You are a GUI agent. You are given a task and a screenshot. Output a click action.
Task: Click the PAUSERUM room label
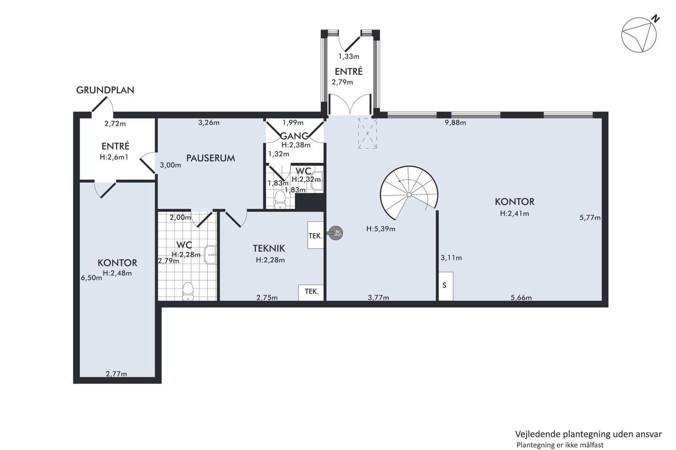tap(211, 158)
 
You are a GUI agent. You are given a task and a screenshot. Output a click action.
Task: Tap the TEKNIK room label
tap(269, 248)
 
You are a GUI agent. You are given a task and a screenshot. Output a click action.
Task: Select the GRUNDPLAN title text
tap(105, 90)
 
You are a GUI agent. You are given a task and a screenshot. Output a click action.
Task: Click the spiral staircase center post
tap(409, 195)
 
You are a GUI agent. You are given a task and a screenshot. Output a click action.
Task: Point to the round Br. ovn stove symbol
tap(336, 233)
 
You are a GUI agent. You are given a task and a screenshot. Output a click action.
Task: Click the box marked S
tap(446, 286)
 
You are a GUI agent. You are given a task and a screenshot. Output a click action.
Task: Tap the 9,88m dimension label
tap(455, 123)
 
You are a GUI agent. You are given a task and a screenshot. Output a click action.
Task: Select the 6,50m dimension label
tap(91, 278)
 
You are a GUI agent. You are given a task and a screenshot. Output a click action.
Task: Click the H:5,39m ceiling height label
tap(380, 229)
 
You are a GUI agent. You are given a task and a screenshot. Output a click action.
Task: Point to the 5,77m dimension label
tap(590, 218)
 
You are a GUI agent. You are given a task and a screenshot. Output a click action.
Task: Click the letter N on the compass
tap(656, 19)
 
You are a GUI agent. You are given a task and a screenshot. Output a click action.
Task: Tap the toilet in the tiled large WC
tap(188, 291)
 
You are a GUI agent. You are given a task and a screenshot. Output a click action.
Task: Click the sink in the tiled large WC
tap(211, 255)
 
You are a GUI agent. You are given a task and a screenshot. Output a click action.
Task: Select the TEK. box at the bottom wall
tap(311, 293)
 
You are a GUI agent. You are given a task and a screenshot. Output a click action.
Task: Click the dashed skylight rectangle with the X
tap(367, 133)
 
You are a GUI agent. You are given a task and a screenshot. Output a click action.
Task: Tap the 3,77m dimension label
tap(379, 298)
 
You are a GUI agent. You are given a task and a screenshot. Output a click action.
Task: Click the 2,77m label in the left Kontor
tap(116, 374)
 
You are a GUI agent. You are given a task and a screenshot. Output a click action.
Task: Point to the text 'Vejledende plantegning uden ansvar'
tap(589, 434)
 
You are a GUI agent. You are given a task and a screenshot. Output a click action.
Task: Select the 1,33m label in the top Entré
tap(349, 56)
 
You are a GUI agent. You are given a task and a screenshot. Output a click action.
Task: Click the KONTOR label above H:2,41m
tap(515, 202)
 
